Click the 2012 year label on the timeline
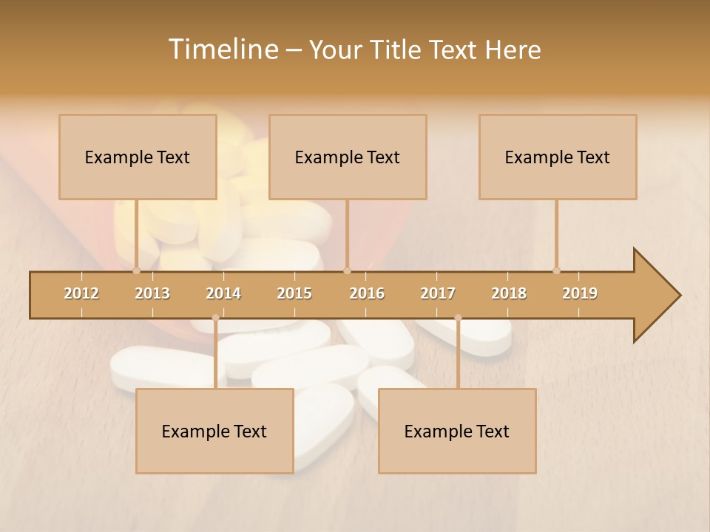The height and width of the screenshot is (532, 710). [81, 293]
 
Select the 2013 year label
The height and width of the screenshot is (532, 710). [152, 293]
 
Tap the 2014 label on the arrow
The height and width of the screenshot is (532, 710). [223, 293]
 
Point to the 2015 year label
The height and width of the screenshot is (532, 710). [294, 293]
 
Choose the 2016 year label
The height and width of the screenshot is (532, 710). [367, 293]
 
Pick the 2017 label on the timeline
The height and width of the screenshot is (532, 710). [438, 293]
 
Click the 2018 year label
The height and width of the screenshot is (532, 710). [509, 293]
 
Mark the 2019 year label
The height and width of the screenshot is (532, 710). [580, 293]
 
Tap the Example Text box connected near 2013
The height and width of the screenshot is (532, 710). [138, 157]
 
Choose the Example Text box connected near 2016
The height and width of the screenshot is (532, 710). [348, 157]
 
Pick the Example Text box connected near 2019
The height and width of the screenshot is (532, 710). [558, 157]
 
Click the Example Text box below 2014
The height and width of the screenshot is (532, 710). [214, 431]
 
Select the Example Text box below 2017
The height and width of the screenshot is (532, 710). [457, 431]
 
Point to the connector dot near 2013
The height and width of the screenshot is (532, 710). [136, 270]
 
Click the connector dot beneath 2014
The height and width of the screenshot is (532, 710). [215, 318]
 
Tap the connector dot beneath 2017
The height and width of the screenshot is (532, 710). [458, 318]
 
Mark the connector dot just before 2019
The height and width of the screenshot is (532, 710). [556, 270]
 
